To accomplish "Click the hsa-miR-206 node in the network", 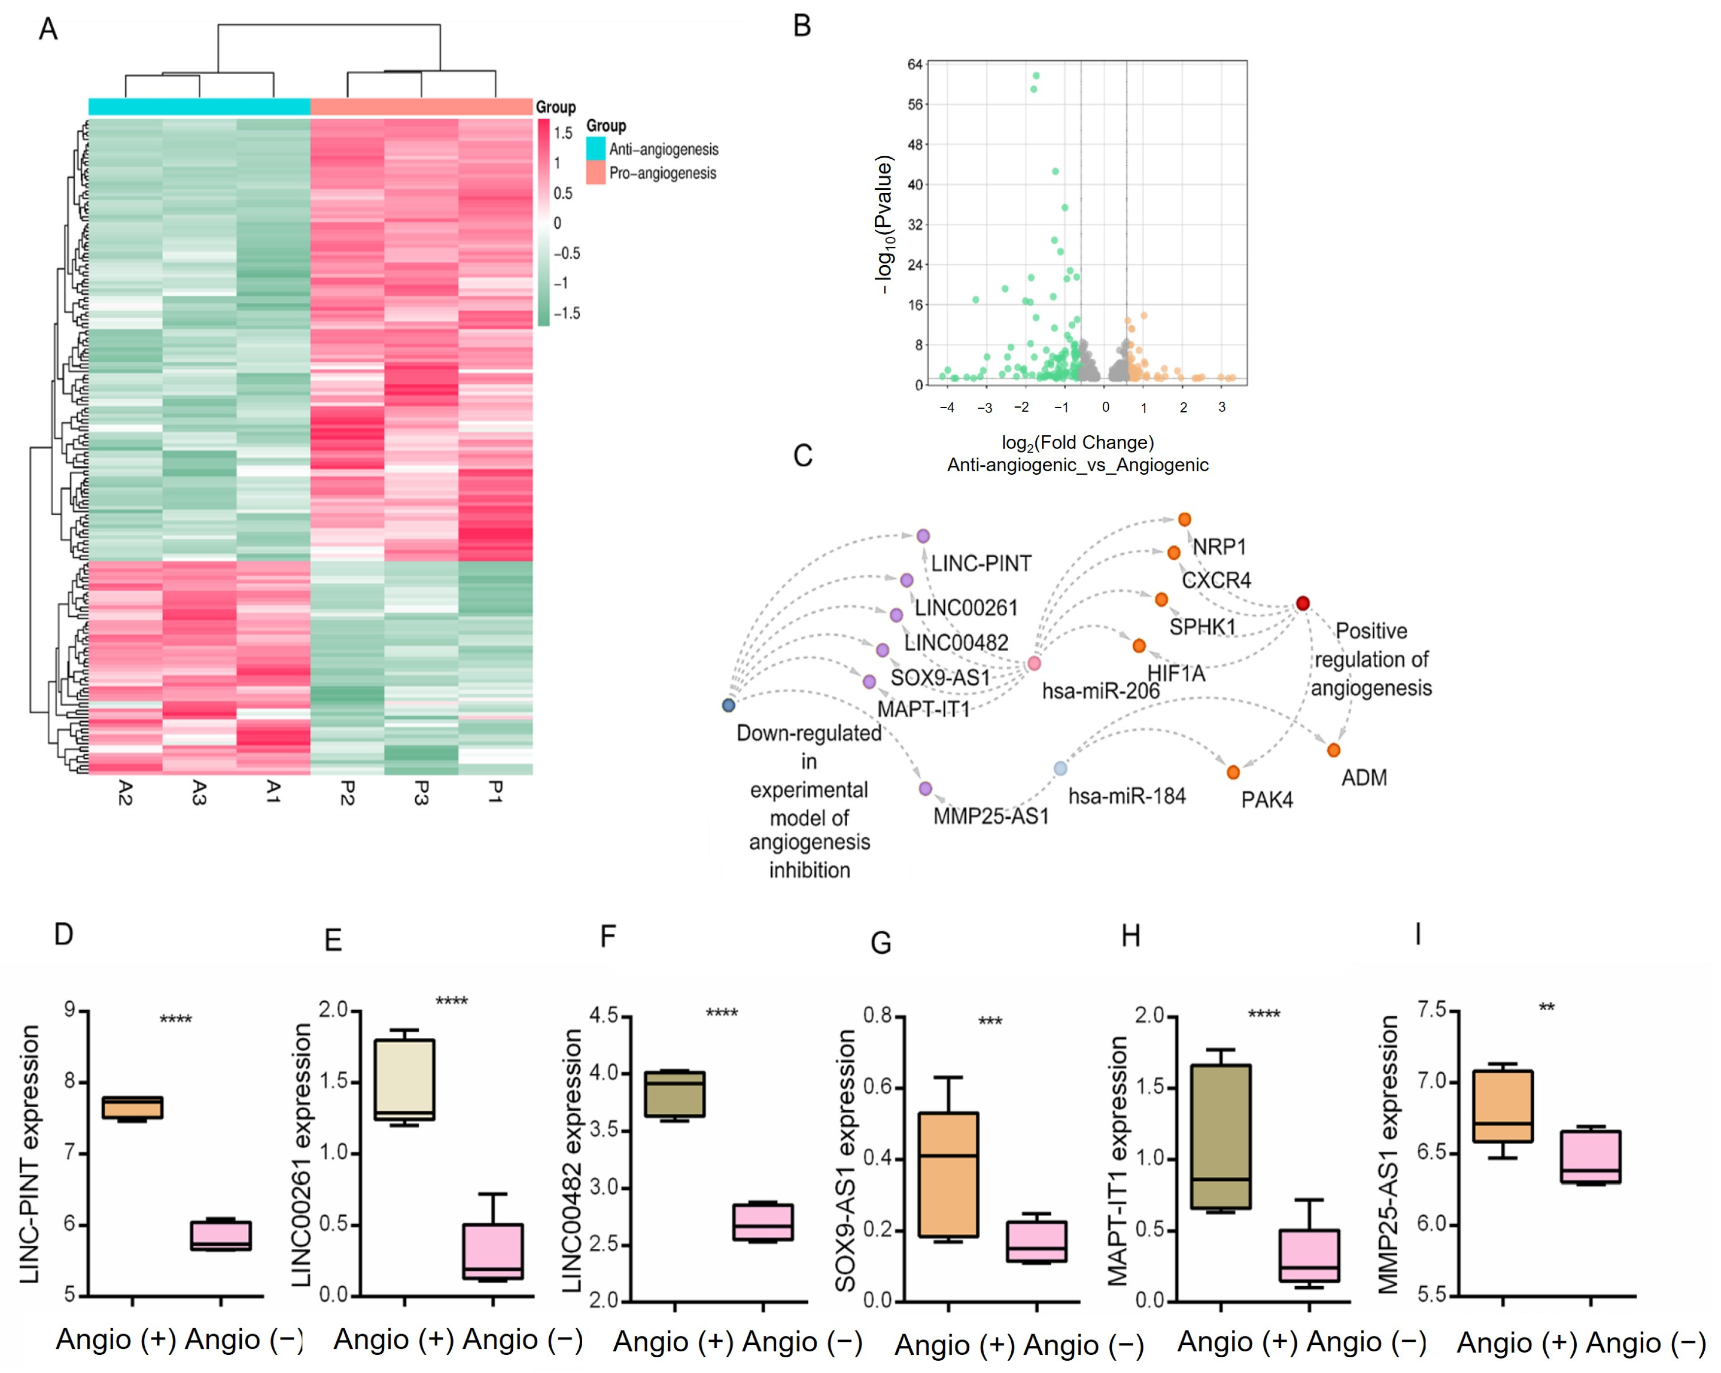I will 1034,663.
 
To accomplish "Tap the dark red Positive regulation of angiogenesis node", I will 1302,603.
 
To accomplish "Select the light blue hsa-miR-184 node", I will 1060,769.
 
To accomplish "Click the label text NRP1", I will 1219,547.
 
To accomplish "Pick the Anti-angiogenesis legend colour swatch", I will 596,148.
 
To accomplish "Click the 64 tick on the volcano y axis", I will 915,65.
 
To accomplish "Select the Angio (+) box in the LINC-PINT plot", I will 132,1107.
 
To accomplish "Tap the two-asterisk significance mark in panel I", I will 1546,1007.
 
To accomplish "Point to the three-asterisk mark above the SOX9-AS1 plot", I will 990,1021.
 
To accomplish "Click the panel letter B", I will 802,26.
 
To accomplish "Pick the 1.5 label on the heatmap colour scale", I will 563,133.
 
